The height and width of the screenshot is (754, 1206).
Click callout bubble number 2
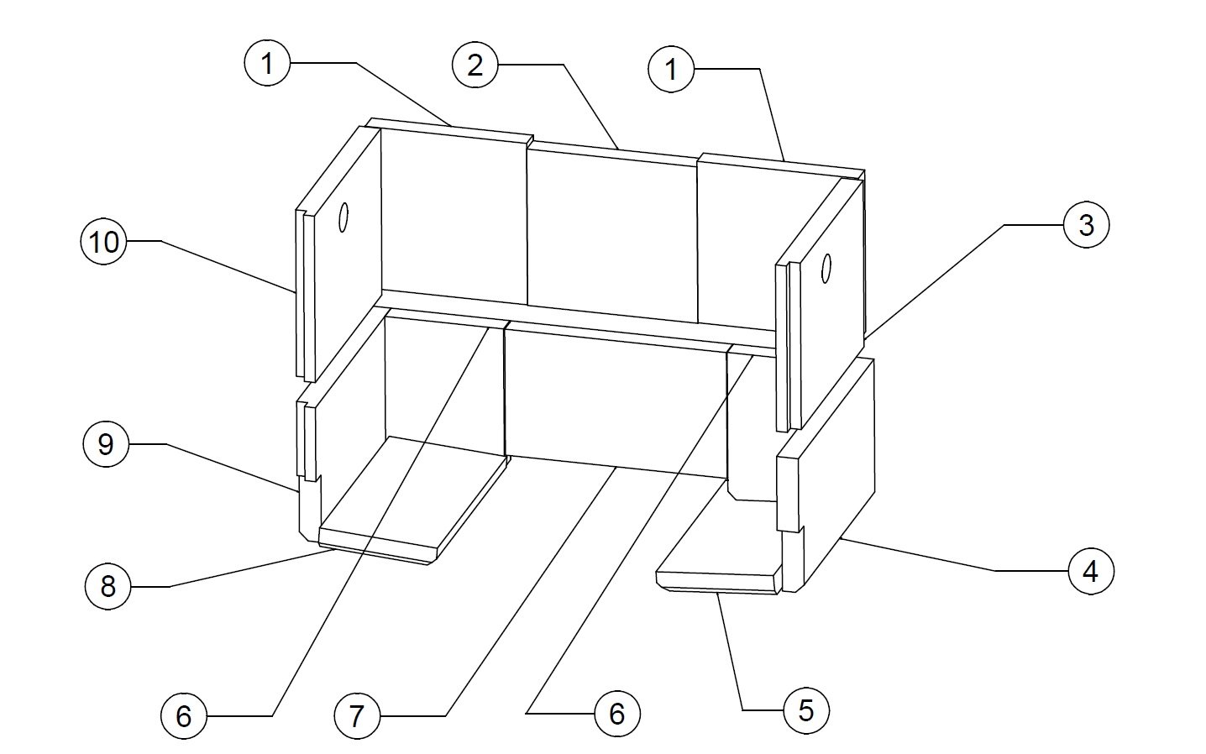click(x=475, y=65)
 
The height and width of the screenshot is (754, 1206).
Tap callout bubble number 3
click(x=1087, y=225)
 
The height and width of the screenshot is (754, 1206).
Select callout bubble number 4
click(x=1091, y=572)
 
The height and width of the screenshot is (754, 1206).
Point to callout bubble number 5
click(x=806, y=711)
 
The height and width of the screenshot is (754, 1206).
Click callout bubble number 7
click(x=357, y=715)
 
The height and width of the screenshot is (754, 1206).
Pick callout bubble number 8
click(x=107, y=587)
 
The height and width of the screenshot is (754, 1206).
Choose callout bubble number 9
click(x=106, y=444)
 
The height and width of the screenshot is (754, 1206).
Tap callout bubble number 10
click(x=104, y=242)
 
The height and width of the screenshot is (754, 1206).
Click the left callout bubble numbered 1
click(x=267, y=64)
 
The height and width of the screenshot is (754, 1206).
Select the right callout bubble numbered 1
click(x=671, y=70)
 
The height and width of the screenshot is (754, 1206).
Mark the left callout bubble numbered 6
click(x=184, y=716)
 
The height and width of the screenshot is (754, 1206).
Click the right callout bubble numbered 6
click(x=617, y=714)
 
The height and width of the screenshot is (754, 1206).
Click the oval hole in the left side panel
click(x=343, y=217)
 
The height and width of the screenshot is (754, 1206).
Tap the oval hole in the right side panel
click(x=826, y=268)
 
